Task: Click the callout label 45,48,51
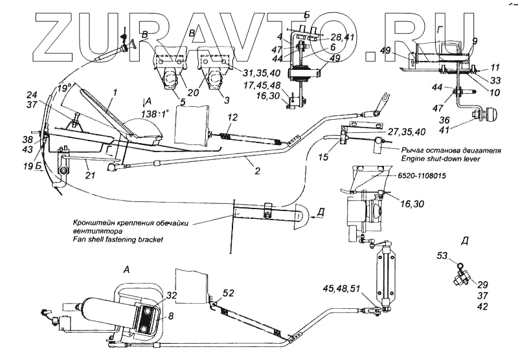pos(344,289)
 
